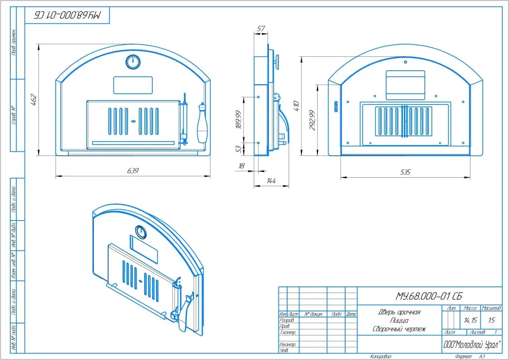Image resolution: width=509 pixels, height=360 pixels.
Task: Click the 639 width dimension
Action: click(133, 171)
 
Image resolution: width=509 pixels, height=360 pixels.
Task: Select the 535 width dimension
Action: click(405, 172)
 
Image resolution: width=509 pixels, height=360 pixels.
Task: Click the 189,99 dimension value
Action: click(239, 119)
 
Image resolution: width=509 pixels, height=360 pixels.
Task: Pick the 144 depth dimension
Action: click(271, 181)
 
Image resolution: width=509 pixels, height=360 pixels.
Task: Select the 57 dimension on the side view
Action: click(261, 29)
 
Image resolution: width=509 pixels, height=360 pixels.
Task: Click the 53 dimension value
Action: click(239, 149)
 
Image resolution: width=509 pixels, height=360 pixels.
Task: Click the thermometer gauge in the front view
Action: click(133, 62)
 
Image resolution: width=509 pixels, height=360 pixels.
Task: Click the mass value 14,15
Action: click(470, 320)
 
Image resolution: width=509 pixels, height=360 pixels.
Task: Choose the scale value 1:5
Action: click(492, 320)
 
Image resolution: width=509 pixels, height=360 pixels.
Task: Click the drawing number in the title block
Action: click(429, 296)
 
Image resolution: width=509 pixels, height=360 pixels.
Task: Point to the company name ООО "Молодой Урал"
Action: click(472, 344)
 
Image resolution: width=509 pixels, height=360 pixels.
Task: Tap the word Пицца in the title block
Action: click(399, 321)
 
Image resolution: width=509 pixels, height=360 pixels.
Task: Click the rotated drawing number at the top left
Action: click(67, 15)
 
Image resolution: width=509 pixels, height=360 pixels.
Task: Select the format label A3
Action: click(482, 356)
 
